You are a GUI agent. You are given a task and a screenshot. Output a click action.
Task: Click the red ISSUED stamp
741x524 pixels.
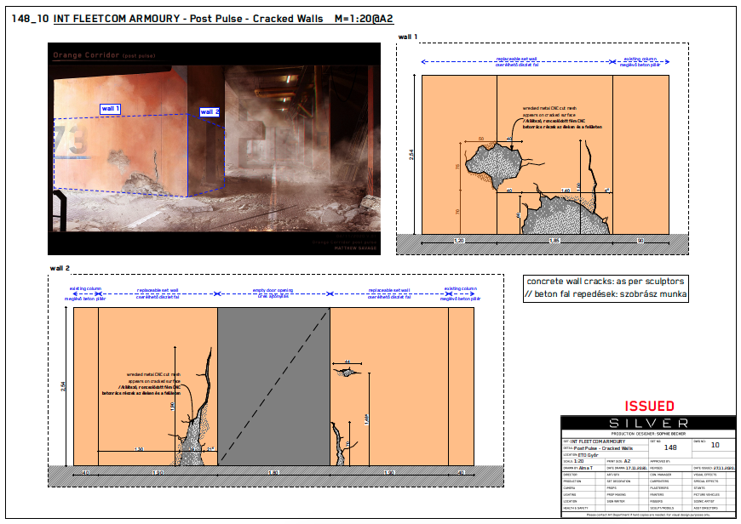(649, 407)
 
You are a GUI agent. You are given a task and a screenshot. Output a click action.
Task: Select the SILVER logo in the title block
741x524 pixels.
(648, 423)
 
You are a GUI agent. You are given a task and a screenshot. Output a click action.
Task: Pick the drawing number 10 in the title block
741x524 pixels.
(715, 445)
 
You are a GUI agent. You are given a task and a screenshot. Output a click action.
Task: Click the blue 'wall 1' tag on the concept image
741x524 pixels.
(111, 109)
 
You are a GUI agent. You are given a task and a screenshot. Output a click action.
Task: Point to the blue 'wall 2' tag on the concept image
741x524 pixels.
(210, 111)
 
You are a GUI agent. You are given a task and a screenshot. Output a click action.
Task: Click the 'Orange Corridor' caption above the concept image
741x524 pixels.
(85, 55)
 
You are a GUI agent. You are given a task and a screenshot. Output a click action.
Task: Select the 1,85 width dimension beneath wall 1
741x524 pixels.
(554, 242)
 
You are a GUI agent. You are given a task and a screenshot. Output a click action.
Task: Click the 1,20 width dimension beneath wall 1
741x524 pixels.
(458, 242)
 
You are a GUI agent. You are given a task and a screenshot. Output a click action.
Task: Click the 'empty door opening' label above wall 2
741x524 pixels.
(273, 293)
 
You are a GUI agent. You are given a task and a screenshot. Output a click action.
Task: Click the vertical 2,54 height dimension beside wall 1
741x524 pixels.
(410, 154)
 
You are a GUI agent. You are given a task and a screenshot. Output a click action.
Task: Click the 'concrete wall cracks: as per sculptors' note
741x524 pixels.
(606, 281)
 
